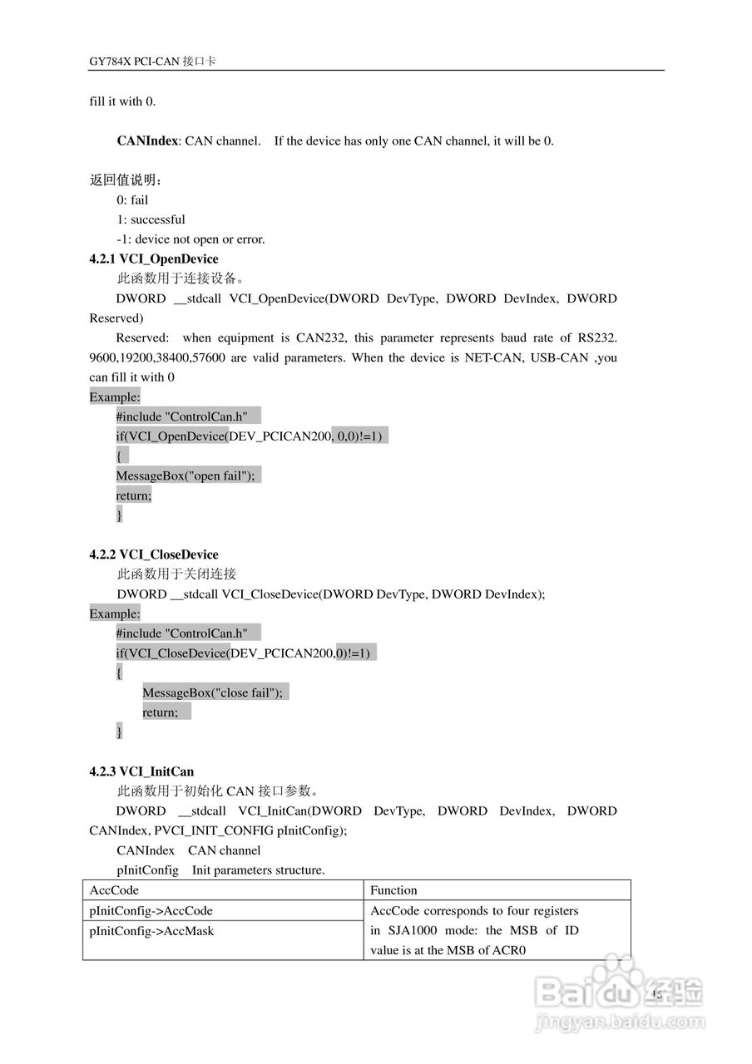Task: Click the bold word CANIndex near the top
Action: pos(147,140)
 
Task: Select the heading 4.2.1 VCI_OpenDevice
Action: pos(154,259)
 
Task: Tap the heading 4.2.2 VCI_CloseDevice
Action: pos(154,554)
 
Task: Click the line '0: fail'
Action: pos(132,199)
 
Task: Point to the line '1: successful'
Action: pos(151,219)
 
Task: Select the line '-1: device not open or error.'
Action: pos(190,239)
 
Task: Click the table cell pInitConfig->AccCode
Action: pos(151,910)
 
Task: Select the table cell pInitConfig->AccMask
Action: pos(151,931)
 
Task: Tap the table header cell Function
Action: pos(393,890)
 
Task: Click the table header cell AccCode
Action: pos(114,890)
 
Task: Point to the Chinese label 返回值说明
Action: pos(125,180)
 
